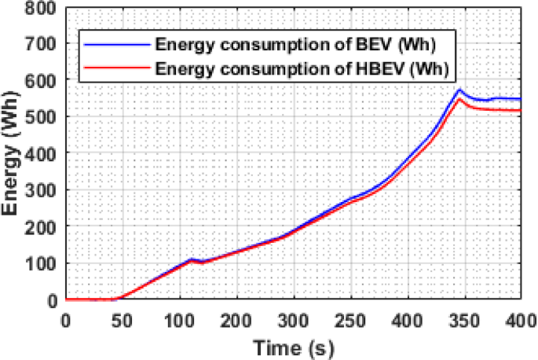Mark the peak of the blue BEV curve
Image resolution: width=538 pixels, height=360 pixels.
[460, 90]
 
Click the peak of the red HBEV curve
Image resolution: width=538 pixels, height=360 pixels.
[460, 98]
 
